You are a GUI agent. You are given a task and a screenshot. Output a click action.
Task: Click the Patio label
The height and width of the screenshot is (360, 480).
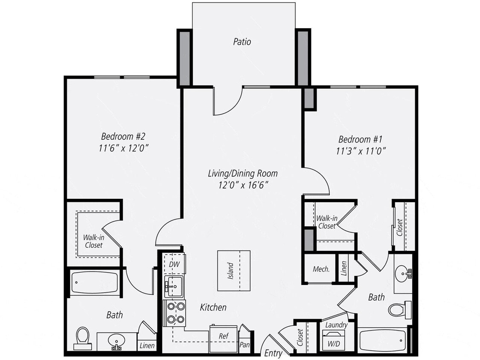click(x=242, y=42)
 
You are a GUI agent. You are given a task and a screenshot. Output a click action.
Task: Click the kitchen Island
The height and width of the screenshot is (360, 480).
click(x=233, y=270)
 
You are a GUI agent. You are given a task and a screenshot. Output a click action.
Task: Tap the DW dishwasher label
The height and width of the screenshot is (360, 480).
click(x=174, y=264)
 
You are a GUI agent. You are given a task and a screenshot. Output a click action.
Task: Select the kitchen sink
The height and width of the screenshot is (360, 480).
click(x=174, y=286)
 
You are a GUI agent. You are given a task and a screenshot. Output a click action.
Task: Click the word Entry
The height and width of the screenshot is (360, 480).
click(x=273, y=353)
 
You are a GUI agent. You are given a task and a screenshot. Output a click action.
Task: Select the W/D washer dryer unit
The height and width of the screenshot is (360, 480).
click(x=334, y=340)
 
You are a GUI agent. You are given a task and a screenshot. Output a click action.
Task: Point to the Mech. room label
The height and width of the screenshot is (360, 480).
click(x=321, y=269)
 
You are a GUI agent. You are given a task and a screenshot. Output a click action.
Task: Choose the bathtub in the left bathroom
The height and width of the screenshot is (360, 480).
click(x=94, y=283)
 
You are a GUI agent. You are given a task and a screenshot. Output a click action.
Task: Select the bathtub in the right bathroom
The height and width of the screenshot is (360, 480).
click(x=382, y=340)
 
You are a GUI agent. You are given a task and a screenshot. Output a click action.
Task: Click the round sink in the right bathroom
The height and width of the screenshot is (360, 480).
click(x=402, y=273)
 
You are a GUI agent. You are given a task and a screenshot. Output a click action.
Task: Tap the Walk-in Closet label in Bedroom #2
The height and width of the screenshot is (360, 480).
click(x=93, y=241)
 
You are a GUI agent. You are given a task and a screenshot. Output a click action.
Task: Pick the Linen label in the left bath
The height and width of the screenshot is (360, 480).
click(x=147, y=345)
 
